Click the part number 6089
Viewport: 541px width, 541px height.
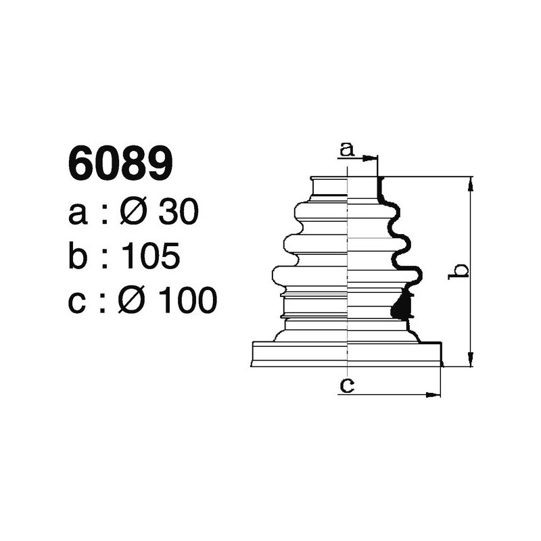[120, 164]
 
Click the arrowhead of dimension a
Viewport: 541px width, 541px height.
[371, 159]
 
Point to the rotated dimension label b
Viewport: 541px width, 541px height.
[460, 270]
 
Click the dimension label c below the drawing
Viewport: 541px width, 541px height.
[347, 385]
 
